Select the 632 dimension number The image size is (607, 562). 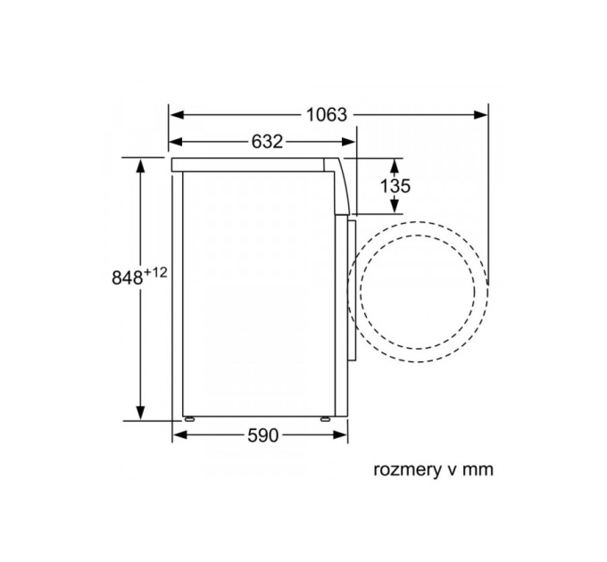coord(263,142)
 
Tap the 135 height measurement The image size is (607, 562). coord(395,186)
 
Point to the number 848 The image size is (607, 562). coord(128,277)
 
